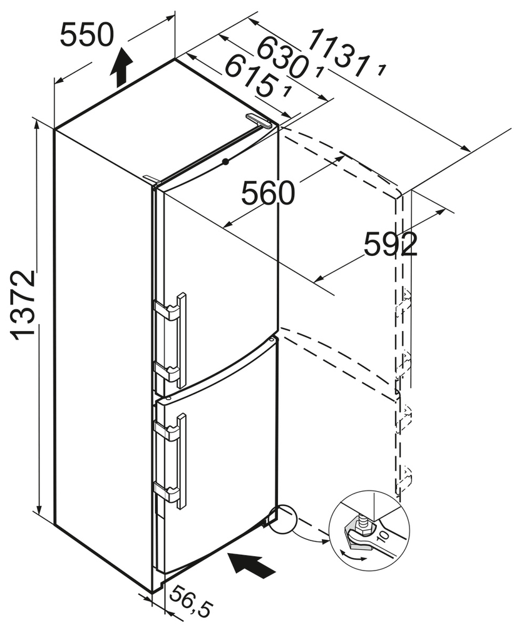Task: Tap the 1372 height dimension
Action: coord(24,305)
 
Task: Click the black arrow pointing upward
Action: coord(121,68)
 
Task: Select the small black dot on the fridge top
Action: coord(225,162)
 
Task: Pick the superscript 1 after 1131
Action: coord(381,71)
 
